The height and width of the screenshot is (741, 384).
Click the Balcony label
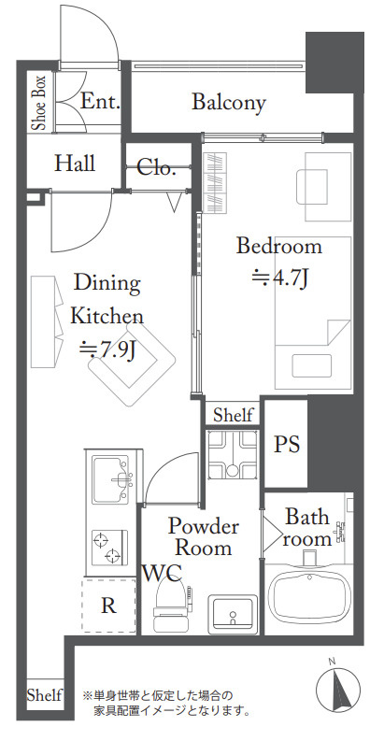229,103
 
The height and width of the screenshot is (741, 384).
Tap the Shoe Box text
38,103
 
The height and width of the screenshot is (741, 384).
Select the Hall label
74,163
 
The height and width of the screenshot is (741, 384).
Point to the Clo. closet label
156,167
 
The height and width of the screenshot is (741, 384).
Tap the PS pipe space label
287,444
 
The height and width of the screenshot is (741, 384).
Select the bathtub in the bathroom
309,595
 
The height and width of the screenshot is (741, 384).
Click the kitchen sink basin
111,477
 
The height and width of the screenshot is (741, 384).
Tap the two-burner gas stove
109,548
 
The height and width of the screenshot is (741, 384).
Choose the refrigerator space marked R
109,606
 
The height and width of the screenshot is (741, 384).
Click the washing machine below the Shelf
233,455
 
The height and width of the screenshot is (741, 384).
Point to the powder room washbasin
233,613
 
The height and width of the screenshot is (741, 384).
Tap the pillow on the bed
313,365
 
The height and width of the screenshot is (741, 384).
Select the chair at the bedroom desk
312,187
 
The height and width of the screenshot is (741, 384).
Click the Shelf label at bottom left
44,695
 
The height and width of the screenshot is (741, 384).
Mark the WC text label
163,573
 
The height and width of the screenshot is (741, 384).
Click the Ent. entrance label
100,101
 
